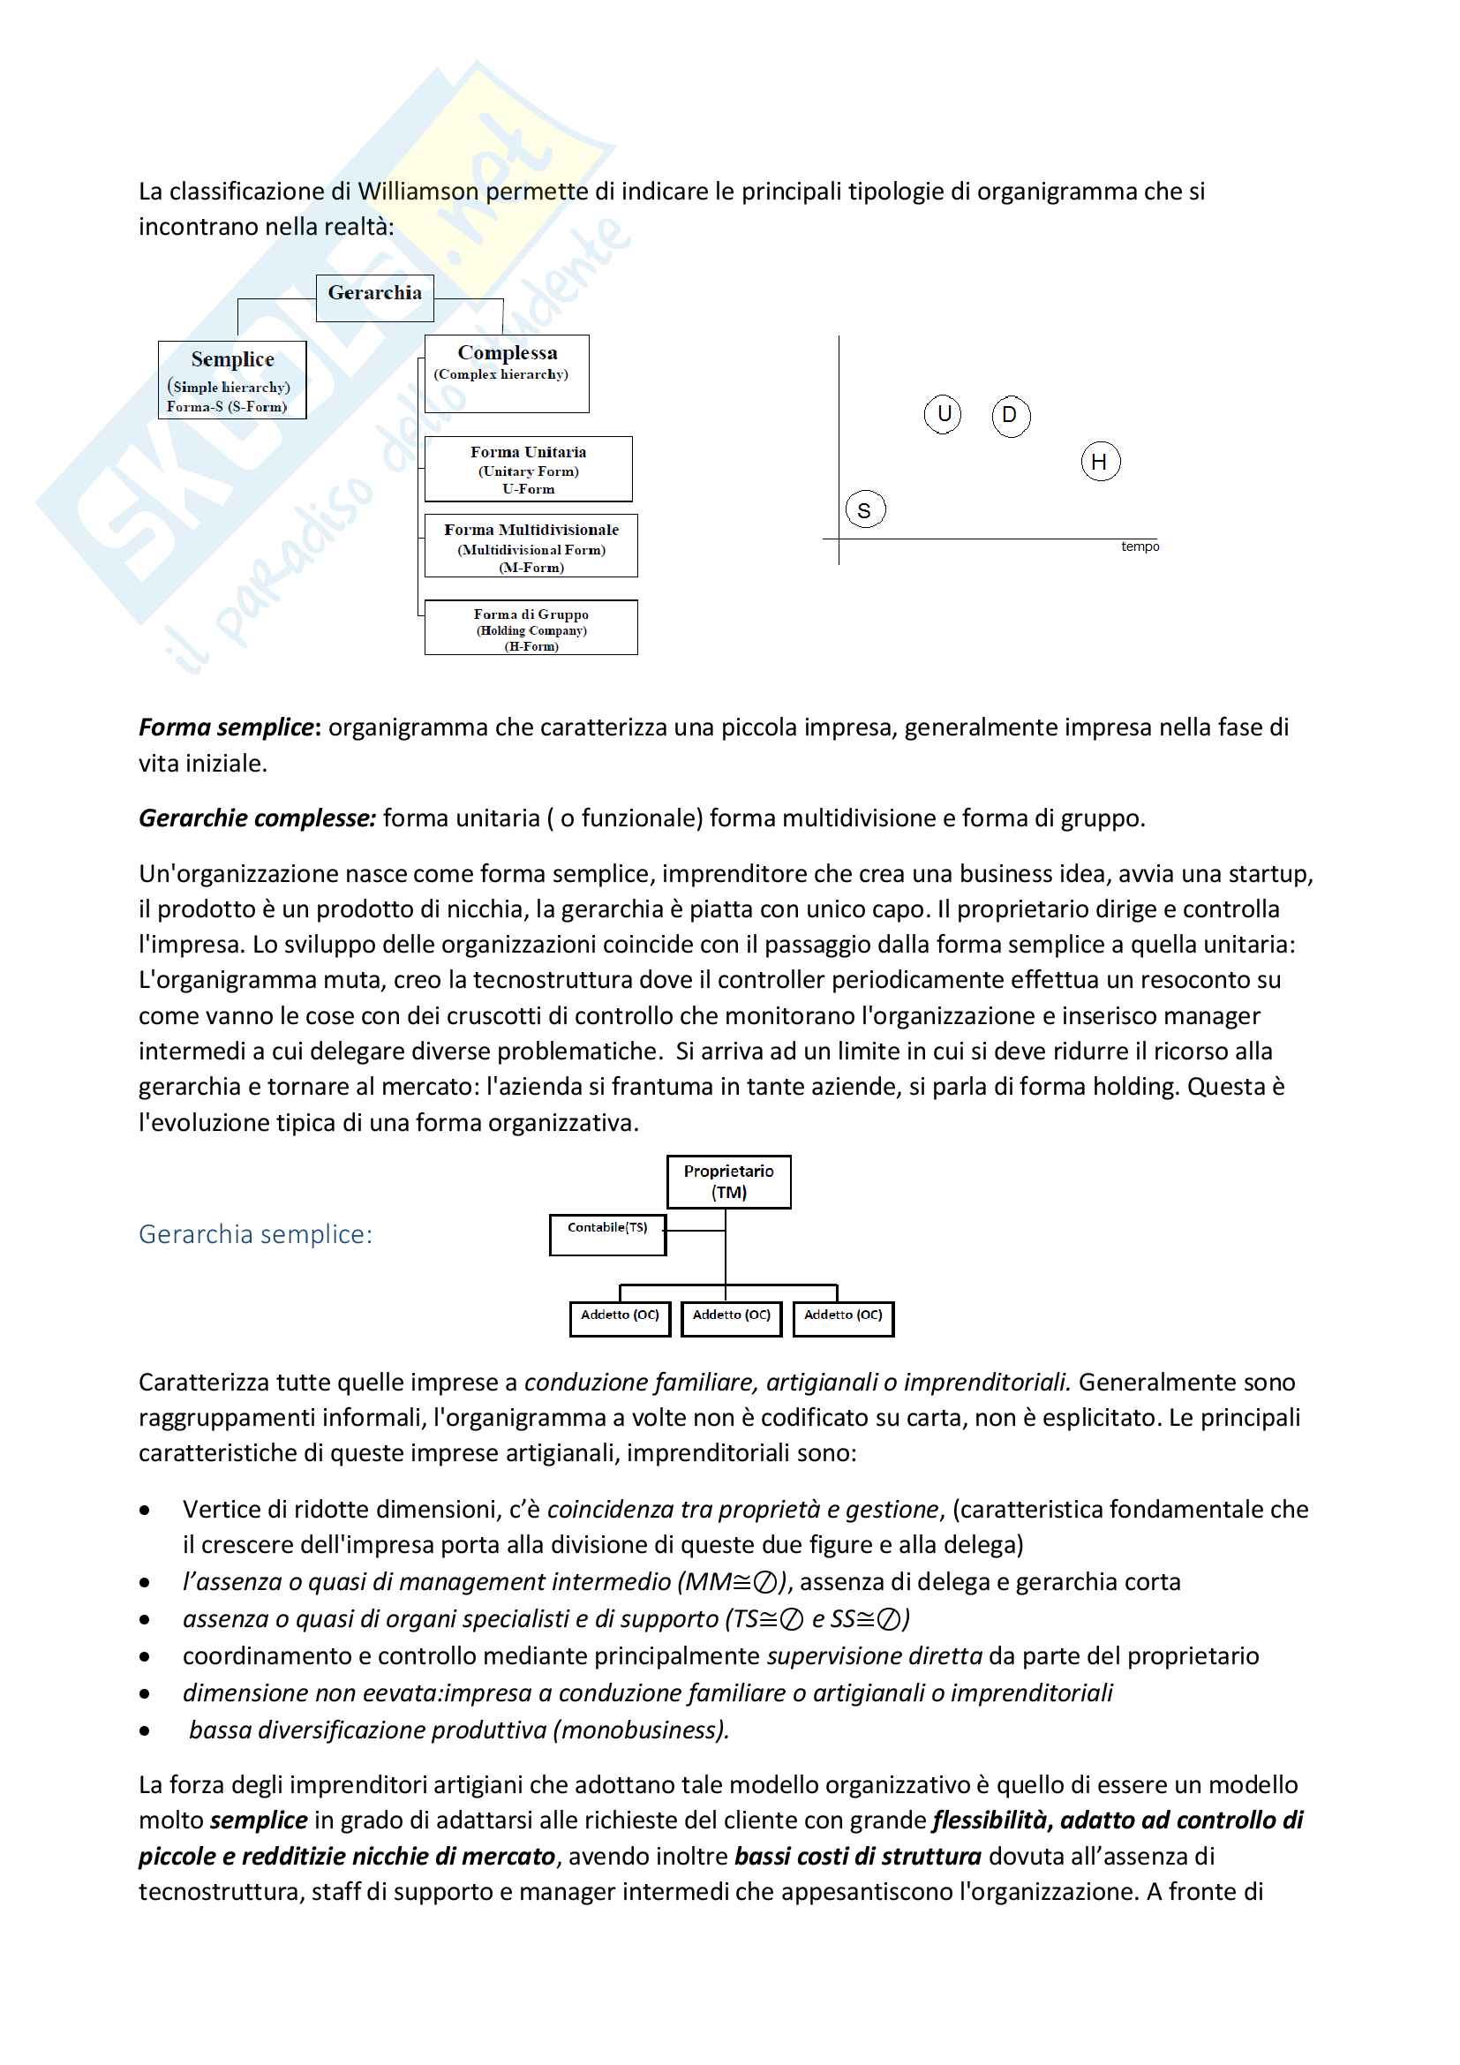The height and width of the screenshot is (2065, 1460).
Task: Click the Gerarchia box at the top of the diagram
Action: tap(374, 297)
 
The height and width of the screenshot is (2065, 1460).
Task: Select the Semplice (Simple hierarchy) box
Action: tap(232, 380)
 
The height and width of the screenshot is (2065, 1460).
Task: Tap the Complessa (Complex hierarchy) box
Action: tap(506, 373)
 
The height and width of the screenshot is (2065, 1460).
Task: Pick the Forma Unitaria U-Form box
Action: tap(528, 469)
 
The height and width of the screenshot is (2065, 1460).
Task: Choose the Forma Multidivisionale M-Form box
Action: tap(531, 546)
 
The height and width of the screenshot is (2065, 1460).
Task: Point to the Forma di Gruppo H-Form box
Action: tap(531, 628)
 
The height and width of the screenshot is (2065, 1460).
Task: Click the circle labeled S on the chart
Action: tap(865, 510)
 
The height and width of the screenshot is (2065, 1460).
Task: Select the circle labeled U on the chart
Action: tap(943, 414)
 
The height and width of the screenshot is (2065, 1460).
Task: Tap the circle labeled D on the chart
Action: tap(1011, 416)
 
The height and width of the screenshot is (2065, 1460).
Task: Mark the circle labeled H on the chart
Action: tap(1100, 463)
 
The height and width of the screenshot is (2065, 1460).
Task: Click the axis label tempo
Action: tap(1140, 546)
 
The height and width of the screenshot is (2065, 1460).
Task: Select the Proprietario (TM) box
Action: tap(728, 1181)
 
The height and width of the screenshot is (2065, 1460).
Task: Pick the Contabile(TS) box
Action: tap(607, 1233)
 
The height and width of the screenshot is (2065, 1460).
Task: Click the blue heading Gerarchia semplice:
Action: tap(255, 1234)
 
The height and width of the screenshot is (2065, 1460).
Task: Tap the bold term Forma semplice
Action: tap(226, 727)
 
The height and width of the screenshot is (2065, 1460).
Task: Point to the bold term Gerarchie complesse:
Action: tap(257, 818)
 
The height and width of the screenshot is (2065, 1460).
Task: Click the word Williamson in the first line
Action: tap(418, 192)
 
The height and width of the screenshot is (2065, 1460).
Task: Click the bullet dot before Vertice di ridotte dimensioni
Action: tap(145, 1511)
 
